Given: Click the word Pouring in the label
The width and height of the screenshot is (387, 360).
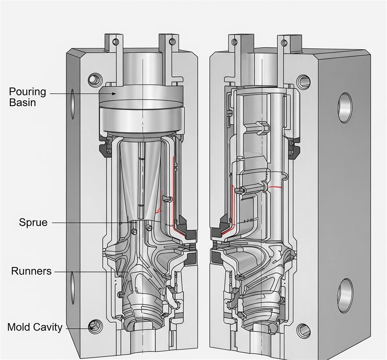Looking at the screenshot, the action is (27, 92).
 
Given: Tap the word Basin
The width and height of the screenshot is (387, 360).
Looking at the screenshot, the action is (22, 103).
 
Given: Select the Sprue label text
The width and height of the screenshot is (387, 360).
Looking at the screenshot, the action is (33, 223).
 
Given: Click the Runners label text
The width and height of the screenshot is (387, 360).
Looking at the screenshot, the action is (31, 271).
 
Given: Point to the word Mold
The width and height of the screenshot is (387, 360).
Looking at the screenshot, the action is (19, 327).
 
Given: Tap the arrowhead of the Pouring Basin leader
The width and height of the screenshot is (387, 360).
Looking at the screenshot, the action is (114, 93).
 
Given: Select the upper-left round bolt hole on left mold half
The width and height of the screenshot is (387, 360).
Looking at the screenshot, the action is (95, 79).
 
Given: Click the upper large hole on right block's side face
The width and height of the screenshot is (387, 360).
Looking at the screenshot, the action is (344, 108).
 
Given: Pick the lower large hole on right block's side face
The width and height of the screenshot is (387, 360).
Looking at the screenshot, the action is (344, 296).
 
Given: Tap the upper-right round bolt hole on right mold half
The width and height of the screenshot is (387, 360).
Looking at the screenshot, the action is (304, 81).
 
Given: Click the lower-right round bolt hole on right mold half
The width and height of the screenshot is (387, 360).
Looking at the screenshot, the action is (303, 330).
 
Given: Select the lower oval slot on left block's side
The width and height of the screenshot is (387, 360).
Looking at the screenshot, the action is (72, 288).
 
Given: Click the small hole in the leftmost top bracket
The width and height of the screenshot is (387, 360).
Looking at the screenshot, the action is (114, 42).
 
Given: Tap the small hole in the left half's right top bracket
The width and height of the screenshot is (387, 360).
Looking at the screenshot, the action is (171, 41).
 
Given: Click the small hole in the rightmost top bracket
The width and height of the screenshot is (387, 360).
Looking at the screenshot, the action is (284, 42).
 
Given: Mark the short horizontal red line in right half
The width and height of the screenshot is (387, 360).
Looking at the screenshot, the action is (275, 187).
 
